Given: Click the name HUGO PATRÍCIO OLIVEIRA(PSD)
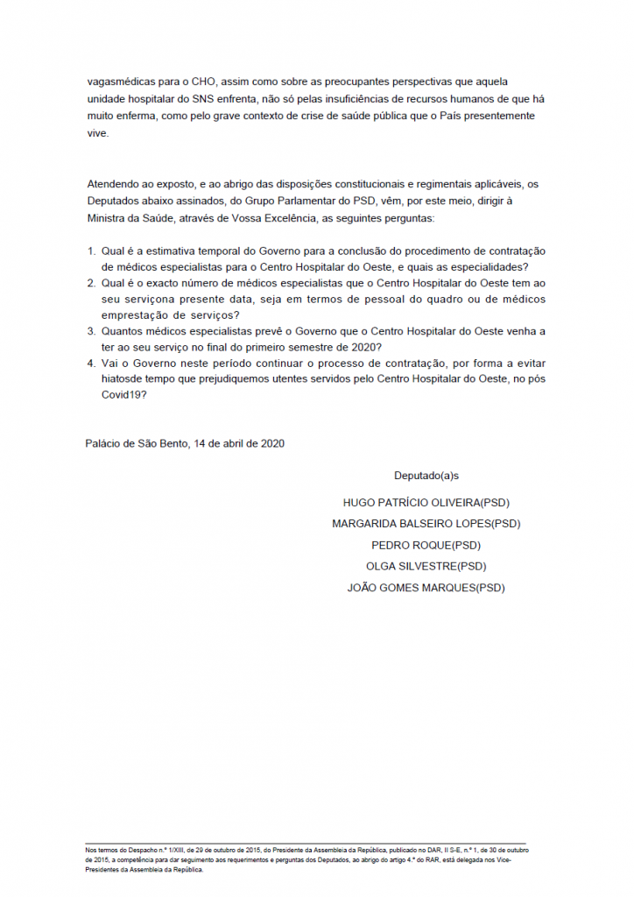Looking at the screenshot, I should [426, 503].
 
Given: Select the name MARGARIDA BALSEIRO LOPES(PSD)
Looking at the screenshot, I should [426, 524].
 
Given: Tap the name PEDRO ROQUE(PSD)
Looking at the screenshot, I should [426, 545].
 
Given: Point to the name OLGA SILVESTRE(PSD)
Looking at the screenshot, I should [426, 567].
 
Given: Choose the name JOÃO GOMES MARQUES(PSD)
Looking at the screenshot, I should [426, 588].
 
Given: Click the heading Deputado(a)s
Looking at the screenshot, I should [426, 476].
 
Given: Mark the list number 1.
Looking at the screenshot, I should [91, 252].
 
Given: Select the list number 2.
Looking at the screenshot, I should [91, 284].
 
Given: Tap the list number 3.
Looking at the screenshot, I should [91, 331].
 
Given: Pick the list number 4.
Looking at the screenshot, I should [91, 363].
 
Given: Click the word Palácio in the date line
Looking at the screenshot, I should [103, 443].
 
